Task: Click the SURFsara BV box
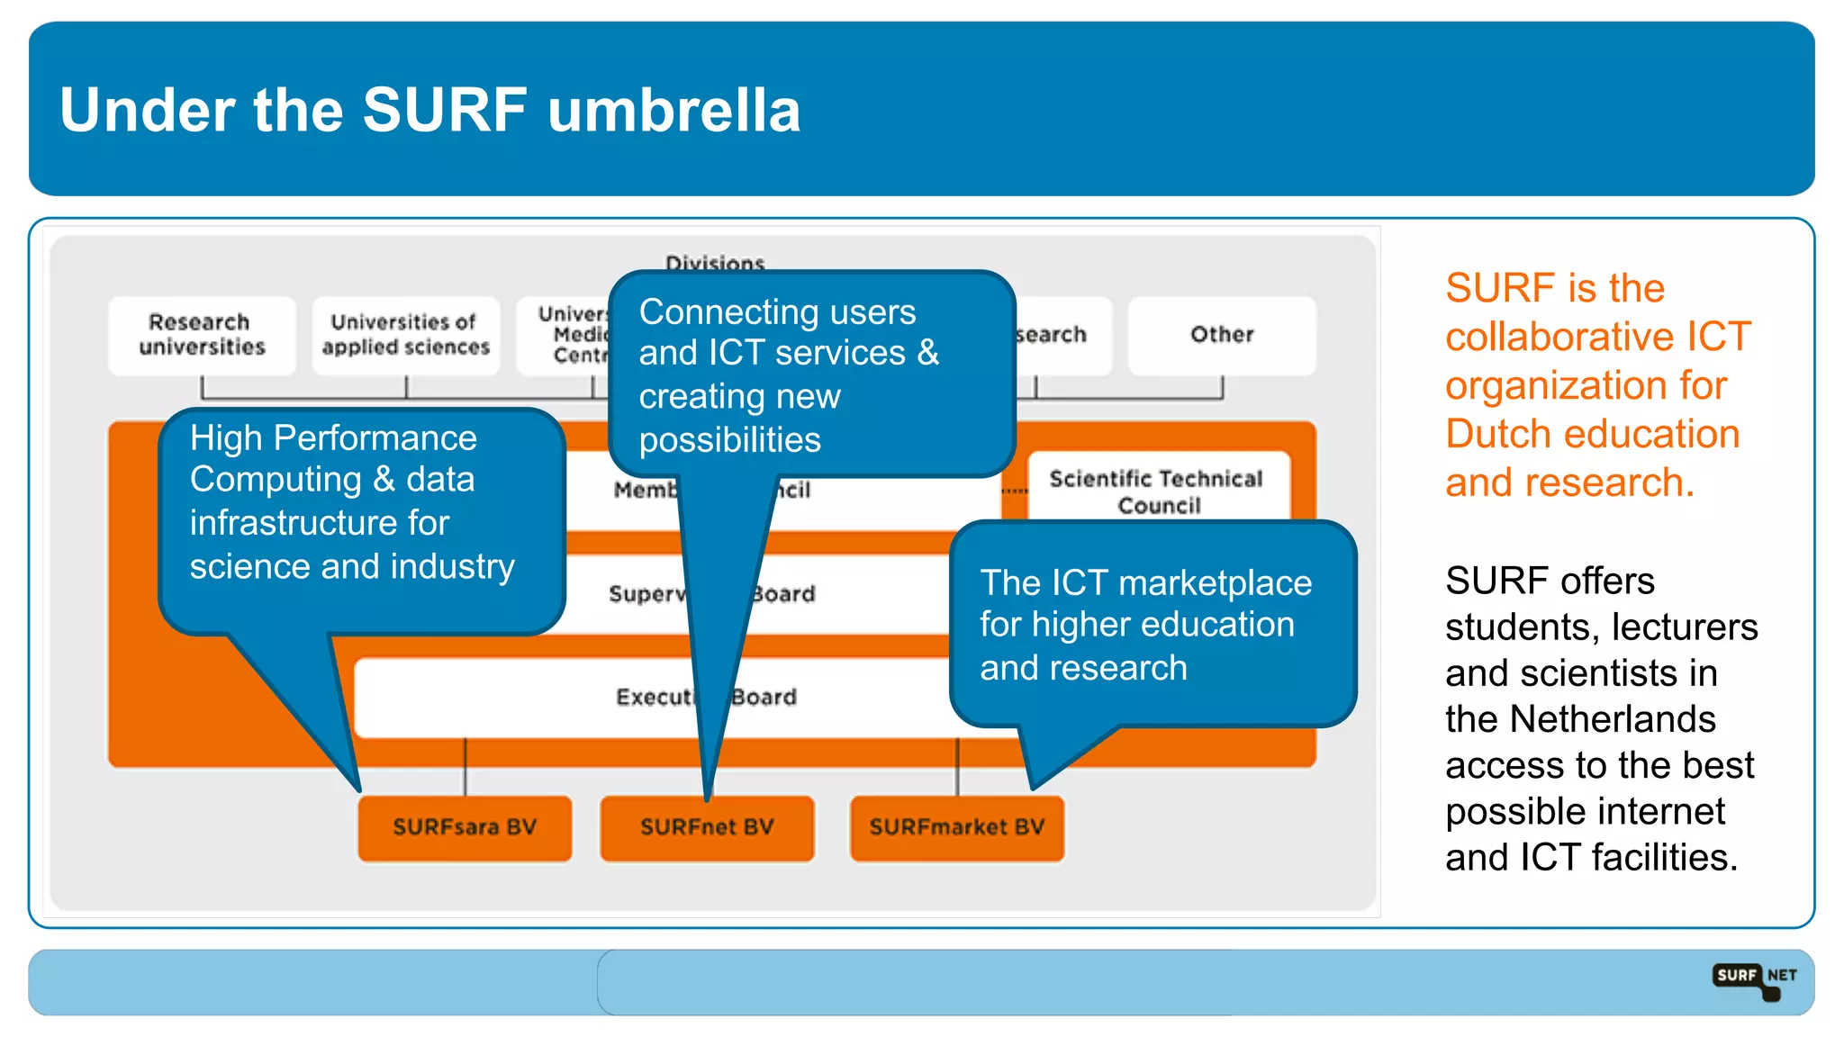tap(465, 827)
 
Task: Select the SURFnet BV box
tap(707, 827)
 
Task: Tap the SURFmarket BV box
tap(956, 827)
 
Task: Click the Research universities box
tap(202, 335)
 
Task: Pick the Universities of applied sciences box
tap(405, 335)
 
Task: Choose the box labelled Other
tap(1221, 335)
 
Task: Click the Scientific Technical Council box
tap(1157, 491)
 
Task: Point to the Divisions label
tap(715, 262)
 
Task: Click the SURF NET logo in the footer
tap(1754, 979)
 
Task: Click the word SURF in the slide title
tap(445, 110)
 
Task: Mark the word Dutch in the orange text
tap(1498, 435)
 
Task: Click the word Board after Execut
tap(764, 698)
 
